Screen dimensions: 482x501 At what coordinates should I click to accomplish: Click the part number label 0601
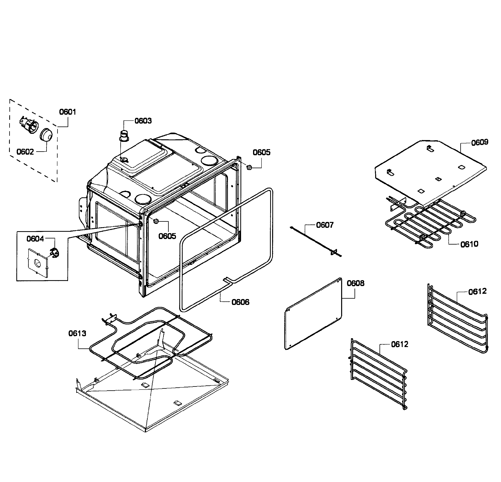(x=67, y=112)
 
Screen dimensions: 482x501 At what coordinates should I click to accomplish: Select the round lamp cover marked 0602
(x=46, y=135)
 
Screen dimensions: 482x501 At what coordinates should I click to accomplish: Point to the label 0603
(x=143, y=121)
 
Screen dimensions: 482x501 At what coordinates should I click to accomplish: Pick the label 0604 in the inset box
(x=35, y=239)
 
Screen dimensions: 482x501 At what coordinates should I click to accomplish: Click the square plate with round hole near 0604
(x=38, y=262)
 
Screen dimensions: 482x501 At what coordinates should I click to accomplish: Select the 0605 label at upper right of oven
(x=262, y=152)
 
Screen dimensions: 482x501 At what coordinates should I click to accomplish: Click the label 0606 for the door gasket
(x=240, y=302)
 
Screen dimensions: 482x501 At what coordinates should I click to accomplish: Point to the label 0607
(x=325, y=225)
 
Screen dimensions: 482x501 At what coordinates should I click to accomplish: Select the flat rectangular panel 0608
(x=313, y=314)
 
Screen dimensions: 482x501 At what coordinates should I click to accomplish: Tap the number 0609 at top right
(x=480, y=142)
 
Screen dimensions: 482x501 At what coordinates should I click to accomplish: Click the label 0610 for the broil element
(x=469, y=244)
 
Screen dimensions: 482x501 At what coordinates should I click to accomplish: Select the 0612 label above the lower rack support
(x=400, y=344)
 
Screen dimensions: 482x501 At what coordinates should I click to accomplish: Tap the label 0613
(x=77, y=333)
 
